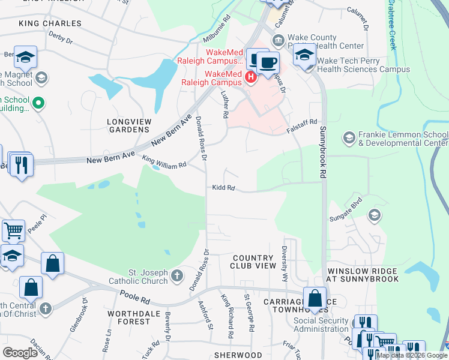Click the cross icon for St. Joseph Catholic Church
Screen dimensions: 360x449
pos(176,275)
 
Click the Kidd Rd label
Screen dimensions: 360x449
pos(223,188)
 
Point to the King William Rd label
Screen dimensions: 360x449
pos(164,161)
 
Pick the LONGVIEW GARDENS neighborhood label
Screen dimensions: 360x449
pos(127,125)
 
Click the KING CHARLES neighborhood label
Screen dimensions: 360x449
pos(50,23)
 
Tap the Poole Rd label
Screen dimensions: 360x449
pos(133,295)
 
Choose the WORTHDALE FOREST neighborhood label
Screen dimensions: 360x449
pos(128,317)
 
